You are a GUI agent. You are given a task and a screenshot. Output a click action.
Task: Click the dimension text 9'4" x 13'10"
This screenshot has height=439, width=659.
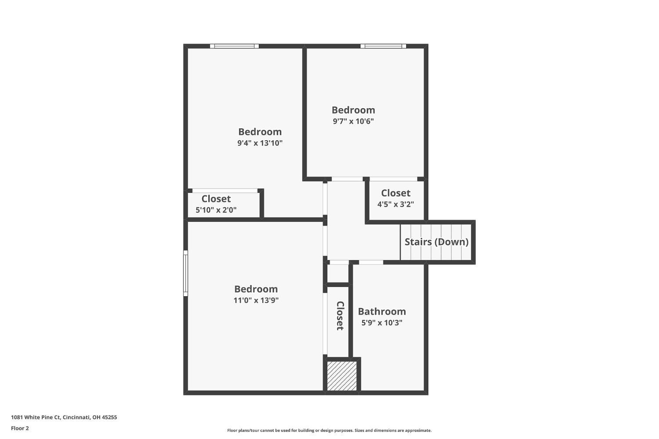coord(260,143)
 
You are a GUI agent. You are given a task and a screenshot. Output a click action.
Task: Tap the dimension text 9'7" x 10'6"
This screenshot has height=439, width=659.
coord(353,121)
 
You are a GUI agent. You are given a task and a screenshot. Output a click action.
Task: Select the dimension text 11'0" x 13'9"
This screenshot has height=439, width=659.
coord(256,301)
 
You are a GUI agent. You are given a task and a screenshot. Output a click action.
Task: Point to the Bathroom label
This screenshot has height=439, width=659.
coord(382,312)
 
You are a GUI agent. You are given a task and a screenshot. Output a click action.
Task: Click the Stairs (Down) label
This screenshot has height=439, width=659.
coord(436,242)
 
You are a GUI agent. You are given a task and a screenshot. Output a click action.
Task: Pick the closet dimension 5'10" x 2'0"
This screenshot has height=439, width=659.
coord(216,210)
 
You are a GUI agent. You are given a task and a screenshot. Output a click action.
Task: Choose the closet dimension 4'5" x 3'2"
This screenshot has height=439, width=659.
coord(395,204)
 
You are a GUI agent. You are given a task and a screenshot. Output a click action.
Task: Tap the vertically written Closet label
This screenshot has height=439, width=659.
coord(340,316)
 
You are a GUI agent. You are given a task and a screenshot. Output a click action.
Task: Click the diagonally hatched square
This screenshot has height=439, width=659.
coord(342,376)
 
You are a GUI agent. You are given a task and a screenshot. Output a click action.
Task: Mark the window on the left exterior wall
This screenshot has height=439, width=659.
coord(185,273)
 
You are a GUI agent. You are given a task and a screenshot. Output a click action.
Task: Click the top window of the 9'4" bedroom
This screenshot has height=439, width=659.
coord(234,46)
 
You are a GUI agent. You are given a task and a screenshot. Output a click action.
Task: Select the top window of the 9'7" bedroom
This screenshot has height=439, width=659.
coord(383,46)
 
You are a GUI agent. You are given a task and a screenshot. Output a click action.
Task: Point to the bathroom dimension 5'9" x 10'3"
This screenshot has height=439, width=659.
coord(382,323)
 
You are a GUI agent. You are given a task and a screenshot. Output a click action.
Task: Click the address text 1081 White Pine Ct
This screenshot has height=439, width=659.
coord(64,417)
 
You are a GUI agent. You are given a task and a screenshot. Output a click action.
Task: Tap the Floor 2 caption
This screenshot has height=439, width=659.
coord(20,428)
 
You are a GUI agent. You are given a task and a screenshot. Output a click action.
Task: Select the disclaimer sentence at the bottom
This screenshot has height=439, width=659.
coord(329,431)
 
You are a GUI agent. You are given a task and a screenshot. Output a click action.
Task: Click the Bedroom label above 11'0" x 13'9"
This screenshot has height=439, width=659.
coord(256,289)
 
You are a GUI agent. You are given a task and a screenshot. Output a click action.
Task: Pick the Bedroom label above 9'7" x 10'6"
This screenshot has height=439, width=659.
coord(353,110)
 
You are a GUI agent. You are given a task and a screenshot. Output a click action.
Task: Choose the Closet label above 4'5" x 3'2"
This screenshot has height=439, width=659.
coord(395,193)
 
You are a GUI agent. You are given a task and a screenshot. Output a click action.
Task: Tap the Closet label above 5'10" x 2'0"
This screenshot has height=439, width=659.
coord(216,199)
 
